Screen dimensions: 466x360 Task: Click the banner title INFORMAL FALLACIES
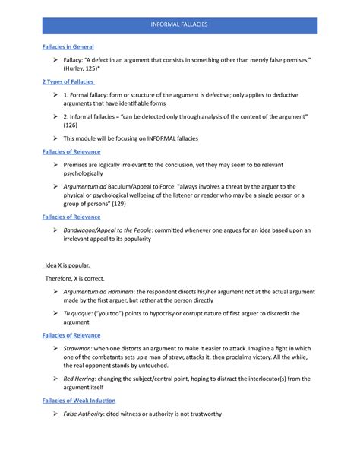[179, 25]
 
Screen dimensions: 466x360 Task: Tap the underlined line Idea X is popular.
[65, 265]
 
